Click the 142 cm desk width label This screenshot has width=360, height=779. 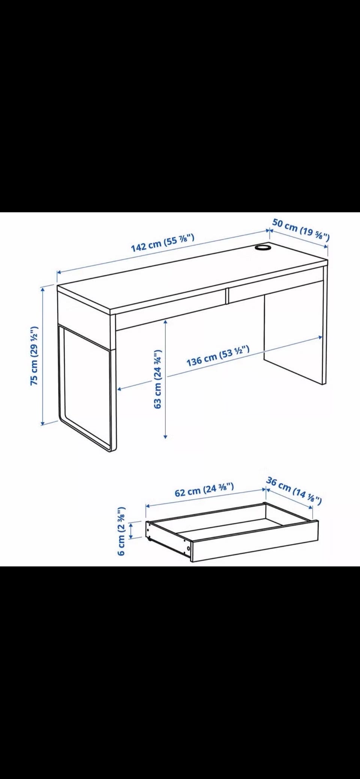tap(162, 243)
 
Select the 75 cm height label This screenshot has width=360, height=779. tap(34, 356)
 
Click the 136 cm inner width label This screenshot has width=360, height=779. tap(218, 356)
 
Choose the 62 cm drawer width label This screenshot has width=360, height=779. tap(204, 490)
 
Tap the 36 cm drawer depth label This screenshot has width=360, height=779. tap(294, 491)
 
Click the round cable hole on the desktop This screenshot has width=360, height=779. tap(263, 247)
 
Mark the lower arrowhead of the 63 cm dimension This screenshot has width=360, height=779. tap(165, 436)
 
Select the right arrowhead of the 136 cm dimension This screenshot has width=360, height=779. tap(320, 337)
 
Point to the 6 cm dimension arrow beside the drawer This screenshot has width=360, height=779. tap(131, 531)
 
